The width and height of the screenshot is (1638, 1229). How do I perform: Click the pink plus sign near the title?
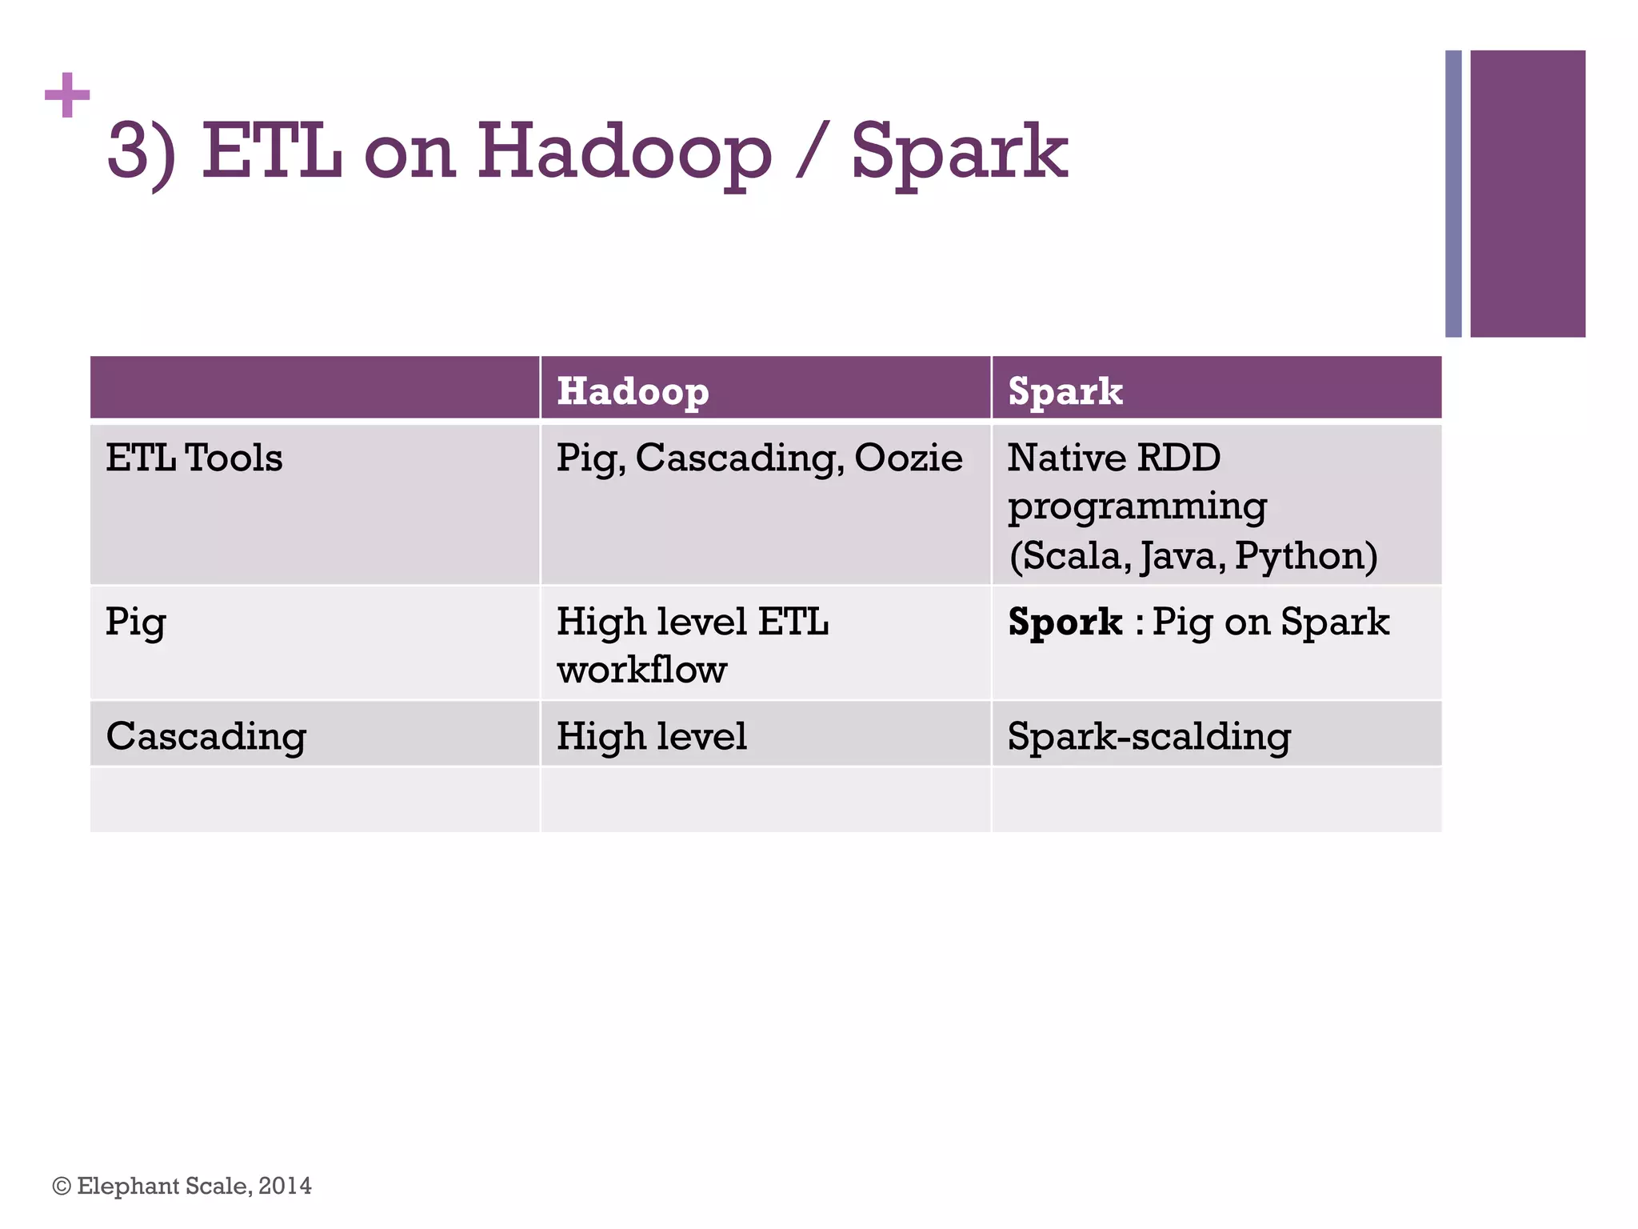click(x=67, y=95)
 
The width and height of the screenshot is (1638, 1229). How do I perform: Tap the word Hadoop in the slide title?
click(x=625, y=152)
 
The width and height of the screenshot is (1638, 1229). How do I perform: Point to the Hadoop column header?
click(x=633, y=391)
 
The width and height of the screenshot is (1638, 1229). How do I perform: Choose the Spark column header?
click(x=1065, y=391)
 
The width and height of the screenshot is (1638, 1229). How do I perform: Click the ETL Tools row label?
click(x=194, y=458)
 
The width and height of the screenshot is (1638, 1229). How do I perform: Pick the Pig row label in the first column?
click(x=135, y=623)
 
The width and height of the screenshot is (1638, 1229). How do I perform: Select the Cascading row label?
click(x=206, y=736)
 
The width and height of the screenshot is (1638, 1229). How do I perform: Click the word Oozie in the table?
click(x=908, y=458)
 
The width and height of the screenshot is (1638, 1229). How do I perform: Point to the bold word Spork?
click(x=1065, y=622)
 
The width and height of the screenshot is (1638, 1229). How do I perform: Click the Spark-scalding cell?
click(x=1149, y=736)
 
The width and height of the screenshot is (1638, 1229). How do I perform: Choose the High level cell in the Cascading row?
click(x=651, y=736)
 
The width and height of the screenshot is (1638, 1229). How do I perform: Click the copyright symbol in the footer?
click(x=62, y=1186)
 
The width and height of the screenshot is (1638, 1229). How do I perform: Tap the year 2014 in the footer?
click(x=285, y=1186)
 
